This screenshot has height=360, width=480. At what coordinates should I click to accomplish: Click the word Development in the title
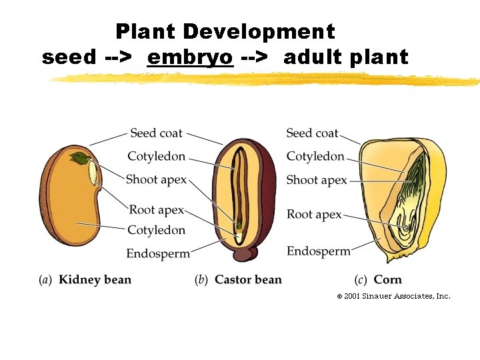pyautogui.click(x=259, y=31)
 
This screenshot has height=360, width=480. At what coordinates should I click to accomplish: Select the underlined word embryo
pyautogui.click(x=190, y=57)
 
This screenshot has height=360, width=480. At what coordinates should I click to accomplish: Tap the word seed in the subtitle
pyautogui.click(x=69, y=57)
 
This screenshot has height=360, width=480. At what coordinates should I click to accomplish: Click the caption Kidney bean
pyautogui.click(x=95, y=279)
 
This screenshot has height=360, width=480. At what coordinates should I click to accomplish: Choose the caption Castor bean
pyautogui.click(x=248, y=279)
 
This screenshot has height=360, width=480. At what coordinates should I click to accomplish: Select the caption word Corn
pyautogui.click(x=388, y=279)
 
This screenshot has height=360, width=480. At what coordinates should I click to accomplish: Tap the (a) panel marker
pyautogui.click(x=46, y=279)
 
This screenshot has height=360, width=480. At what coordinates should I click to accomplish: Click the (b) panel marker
pyautogui.click(x=202, y=279)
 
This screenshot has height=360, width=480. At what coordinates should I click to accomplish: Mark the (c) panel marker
pyautogui.click(x=361, y=279)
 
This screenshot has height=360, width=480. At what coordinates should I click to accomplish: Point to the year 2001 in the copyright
pyautogui.click(x=352, y=296)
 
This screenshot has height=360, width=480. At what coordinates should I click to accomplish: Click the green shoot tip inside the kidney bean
pyautogui.click(x=80, y=159)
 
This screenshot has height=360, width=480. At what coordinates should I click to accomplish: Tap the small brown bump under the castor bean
pyautogui.click(x=247, y=253)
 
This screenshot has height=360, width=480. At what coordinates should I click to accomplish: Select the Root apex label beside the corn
pyautogui.click(x=314, y=215)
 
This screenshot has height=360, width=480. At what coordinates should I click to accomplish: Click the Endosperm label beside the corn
pyautogui.click(x=319, y=251)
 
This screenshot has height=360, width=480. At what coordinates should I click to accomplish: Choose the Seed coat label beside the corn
pyautogui.click(x=312, y=133)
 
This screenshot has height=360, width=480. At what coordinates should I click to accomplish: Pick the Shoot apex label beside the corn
pyautogui.click(x=317, y=180)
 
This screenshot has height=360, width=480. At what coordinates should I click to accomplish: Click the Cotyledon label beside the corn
pyautogui.click(x=315, y=157)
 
